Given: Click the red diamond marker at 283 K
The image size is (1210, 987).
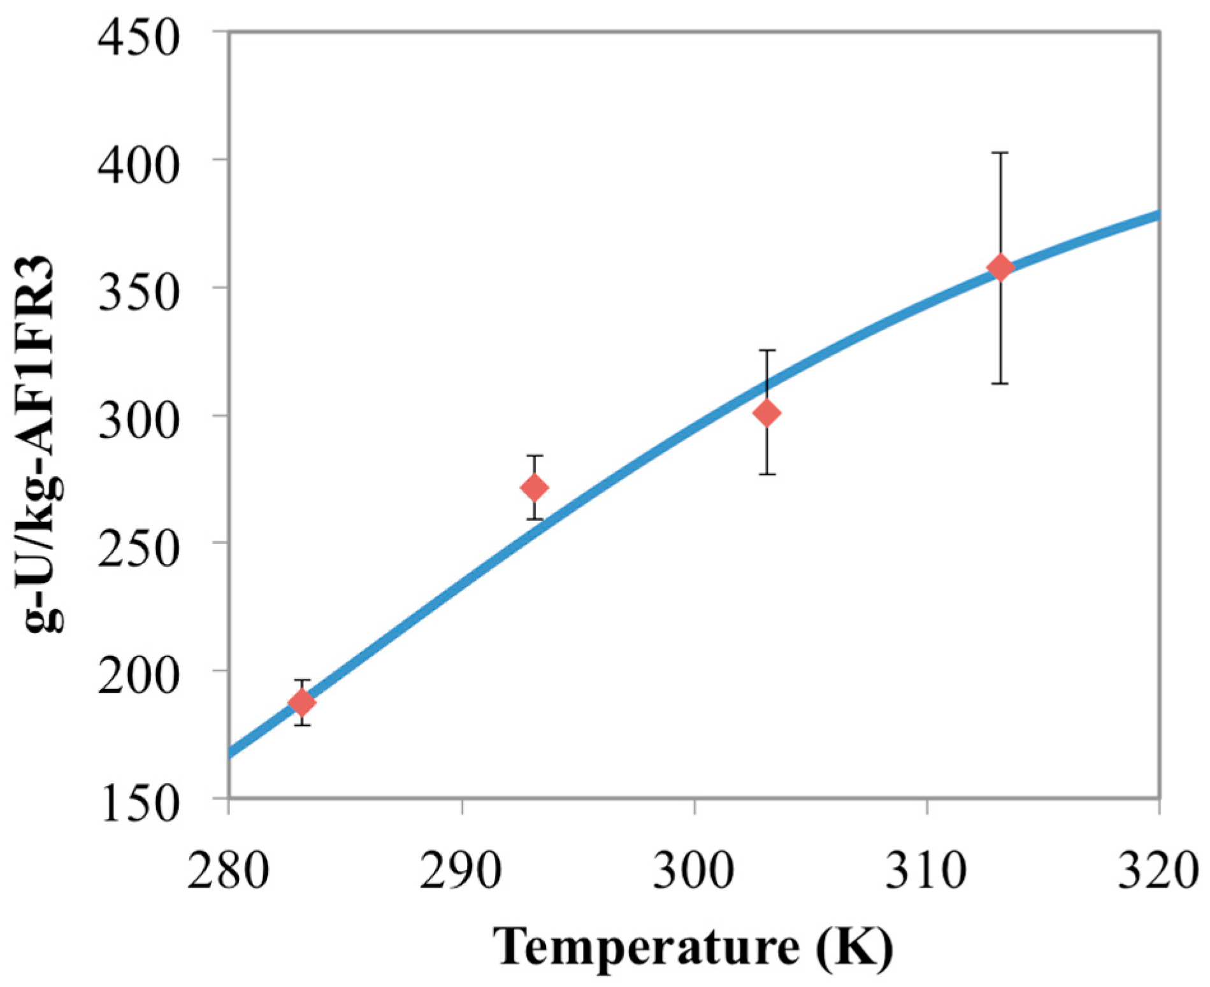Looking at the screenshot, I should (302, 702).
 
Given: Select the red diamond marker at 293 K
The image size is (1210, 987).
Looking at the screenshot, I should (535, 488).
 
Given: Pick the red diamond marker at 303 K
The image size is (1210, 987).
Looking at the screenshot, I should (767, 413).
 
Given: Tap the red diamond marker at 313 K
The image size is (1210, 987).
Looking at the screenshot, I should (1000, 267).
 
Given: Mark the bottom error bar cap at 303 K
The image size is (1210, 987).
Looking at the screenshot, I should (767, 474).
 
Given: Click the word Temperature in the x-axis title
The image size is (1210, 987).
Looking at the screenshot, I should (645, 946).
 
